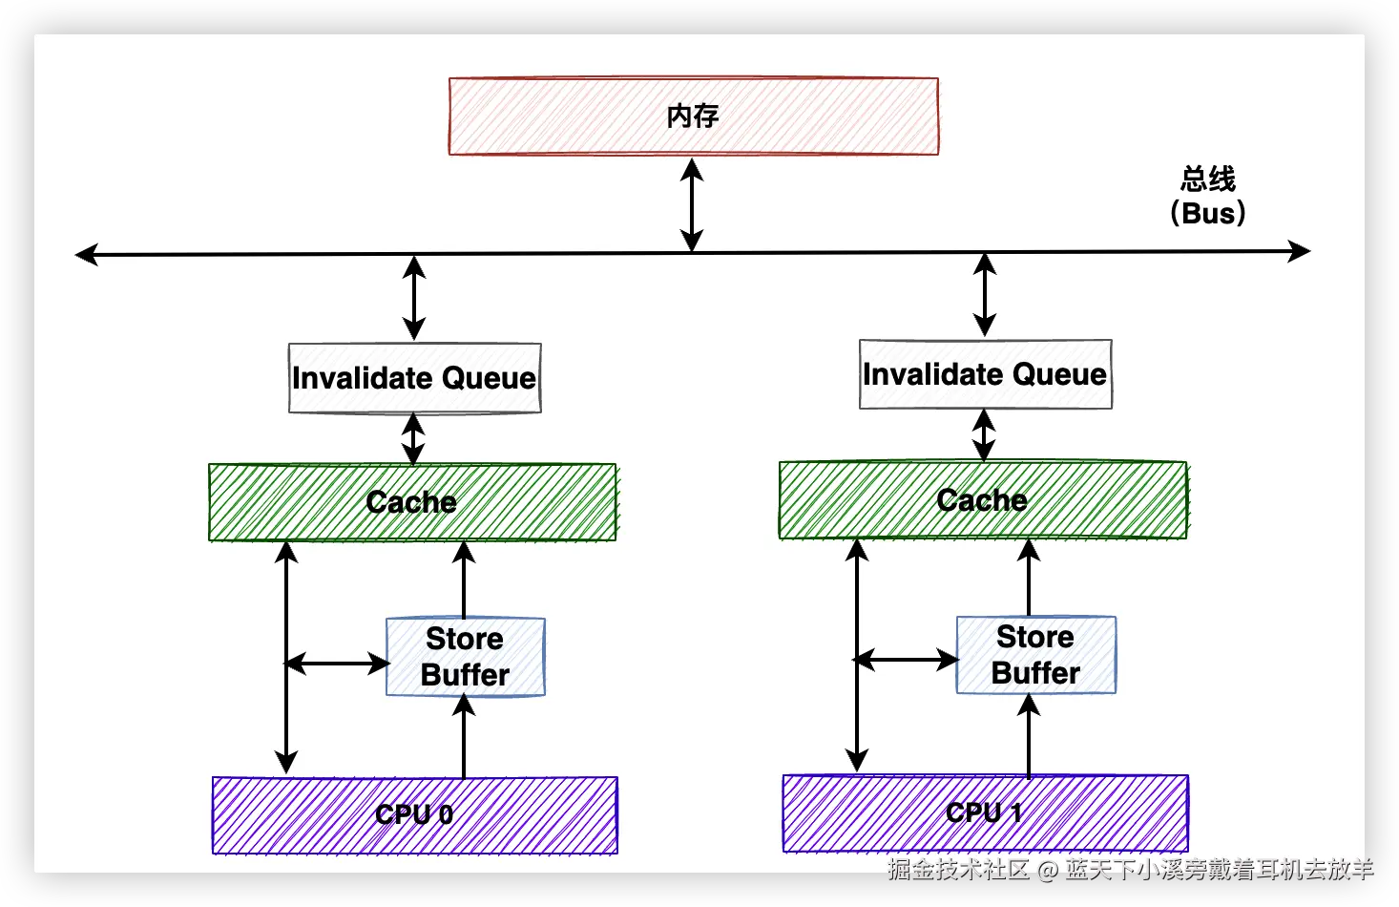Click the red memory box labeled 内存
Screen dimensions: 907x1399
tap(694, 116)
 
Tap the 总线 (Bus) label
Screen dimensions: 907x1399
tap(1207, 196)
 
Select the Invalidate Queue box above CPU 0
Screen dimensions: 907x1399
tap(414, 378)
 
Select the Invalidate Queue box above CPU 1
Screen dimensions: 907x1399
tap(985, 374)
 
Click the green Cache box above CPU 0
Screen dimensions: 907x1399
tap(412, 502)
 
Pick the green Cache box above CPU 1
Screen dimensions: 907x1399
tap(983, 500)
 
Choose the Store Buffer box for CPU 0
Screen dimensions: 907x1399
tap(465, 657)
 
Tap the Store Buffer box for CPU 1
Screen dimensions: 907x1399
tap(1035, 655)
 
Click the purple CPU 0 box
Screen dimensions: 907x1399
tap(414, 814)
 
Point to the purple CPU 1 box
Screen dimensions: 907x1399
tap(985, 812)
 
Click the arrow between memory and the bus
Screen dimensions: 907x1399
tap(692, 204)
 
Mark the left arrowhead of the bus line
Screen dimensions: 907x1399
tap(87, 254)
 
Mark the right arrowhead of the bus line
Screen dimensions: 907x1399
tap(1299, 251)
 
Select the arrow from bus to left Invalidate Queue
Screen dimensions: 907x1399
tap(413, 298)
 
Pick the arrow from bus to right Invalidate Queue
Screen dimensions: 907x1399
tap(985, 295)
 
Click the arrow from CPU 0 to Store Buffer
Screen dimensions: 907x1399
tap(464, 737)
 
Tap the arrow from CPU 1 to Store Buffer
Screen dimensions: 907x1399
tap(1029, 735)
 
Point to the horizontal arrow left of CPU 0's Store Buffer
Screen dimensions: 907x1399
tap(338, 663)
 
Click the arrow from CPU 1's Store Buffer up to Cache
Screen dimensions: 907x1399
tap(1029, 579)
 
